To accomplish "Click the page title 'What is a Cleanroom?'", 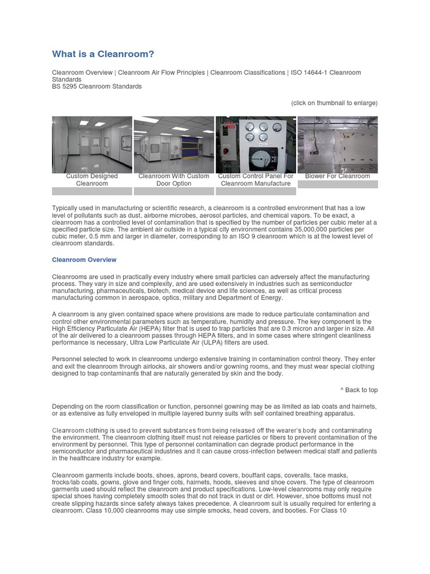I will [x=102, y=54].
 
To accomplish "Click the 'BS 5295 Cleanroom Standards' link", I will [x=97, y=86].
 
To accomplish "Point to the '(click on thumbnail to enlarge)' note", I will [x=334, y=103].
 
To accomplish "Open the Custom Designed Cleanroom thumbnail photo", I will [x=92, y=144].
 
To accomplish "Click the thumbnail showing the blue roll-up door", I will [x=174, y=144].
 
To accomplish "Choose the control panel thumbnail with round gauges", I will [x=256, y=144].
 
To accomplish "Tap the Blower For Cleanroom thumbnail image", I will [x=338, y=144].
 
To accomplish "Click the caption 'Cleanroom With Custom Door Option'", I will [x=174, y=179].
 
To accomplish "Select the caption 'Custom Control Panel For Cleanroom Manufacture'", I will [x=256, y=179].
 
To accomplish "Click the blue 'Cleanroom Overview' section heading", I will [x=84, y=260].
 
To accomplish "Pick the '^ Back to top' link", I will [x=358, y=390].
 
